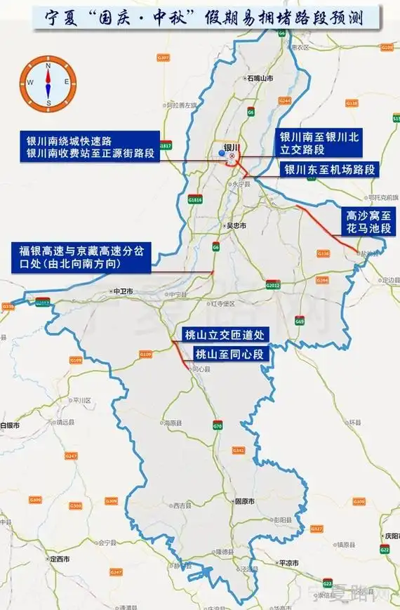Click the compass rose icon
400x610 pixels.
[48, 81]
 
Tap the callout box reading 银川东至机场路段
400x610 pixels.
[330, 169]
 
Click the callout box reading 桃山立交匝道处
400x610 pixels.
[222, 334]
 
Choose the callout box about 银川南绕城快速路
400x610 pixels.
[89, 147]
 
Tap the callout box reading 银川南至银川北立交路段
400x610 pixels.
[319, 144]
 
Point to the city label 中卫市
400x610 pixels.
[122, 289]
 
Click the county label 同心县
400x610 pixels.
[201, 368]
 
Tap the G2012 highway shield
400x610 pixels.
[273, 286]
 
